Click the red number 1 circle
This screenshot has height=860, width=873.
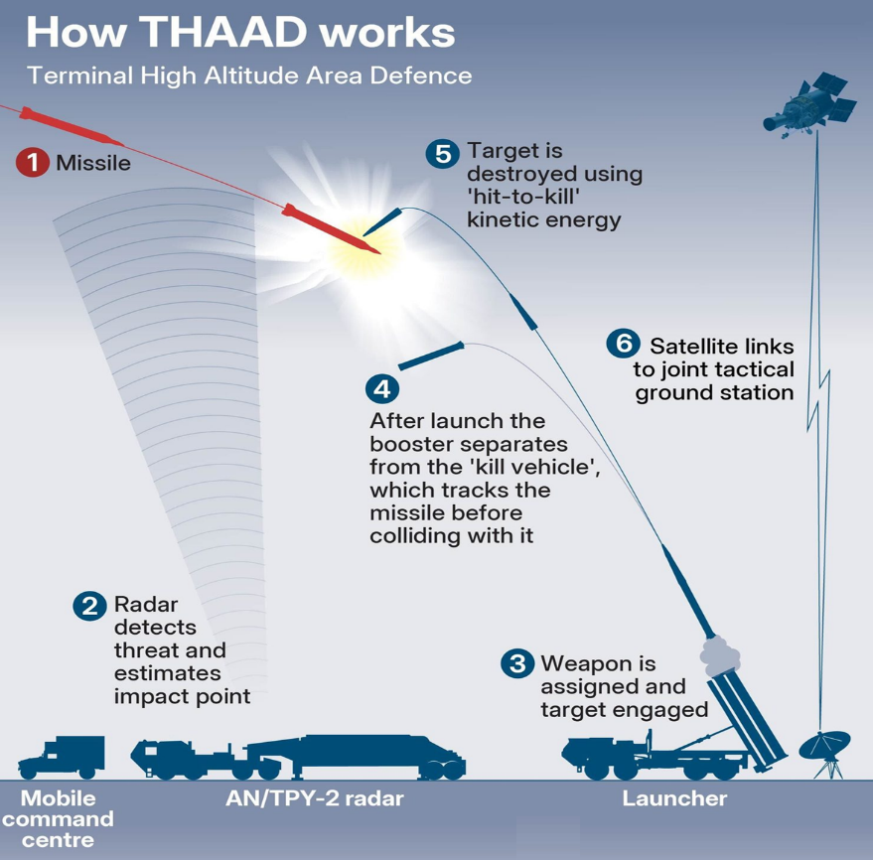(x=33, y=162)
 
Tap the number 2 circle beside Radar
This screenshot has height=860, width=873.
(x=90, y=605)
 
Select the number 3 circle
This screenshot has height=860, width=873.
(x=516, y=662)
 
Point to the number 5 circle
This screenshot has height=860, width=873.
(x=442, y=153)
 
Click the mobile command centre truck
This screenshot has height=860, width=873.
(x=61, y=757)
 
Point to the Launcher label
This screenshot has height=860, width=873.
(x=674, y=798)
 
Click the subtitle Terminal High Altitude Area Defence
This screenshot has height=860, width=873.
(x=248, y=75)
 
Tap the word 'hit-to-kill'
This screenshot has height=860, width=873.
(x=522, y=197)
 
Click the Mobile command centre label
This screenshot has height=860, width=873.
(x=58, y=819)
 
